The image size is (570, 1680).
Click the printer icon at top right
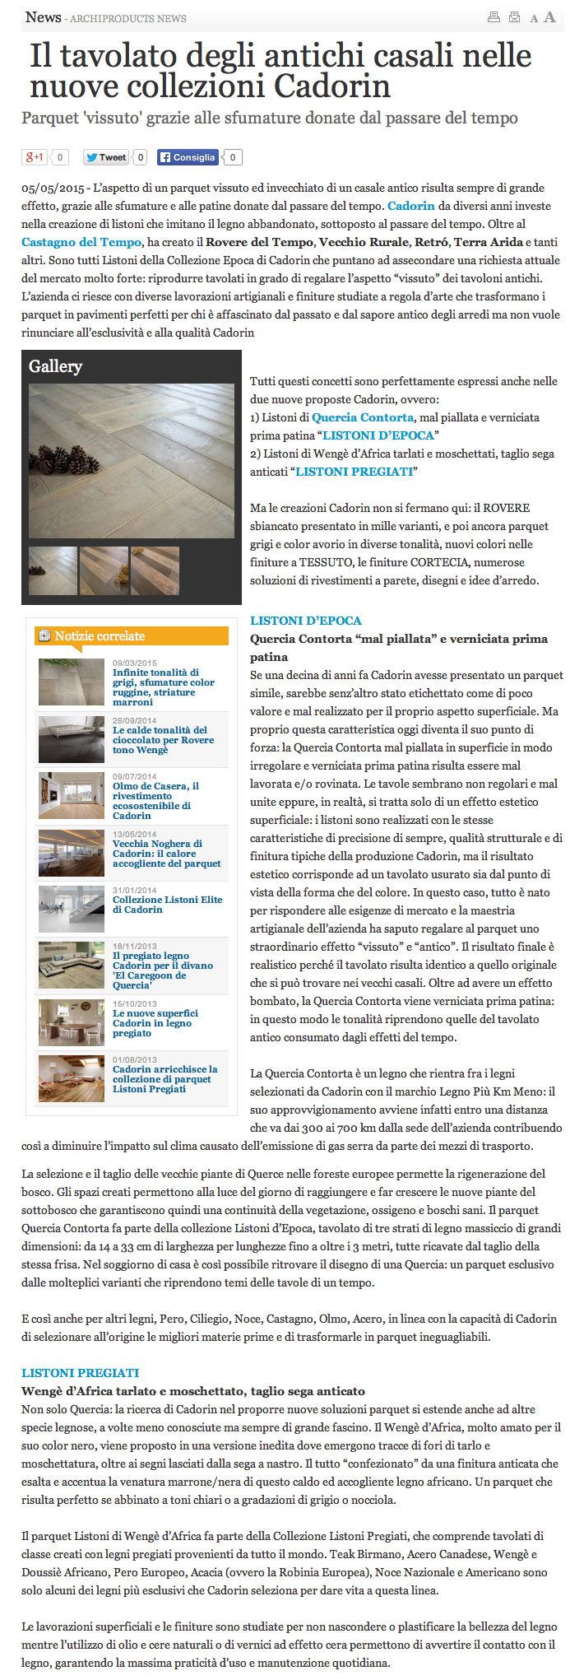click(x=494, y=17)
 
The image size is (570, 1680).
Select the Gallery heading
click(x=55, y=366)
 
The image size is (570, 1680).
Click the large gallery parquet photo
click(x=132, y=461)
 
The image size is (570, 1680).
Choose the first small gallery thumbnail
click(x=53, y=570)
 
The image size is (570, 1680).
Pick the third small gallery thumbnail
click(x=155, y=570)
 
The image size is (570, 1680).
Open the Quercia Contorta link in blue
click(x=363, y=417)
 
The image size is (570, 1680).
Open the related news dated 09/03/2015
click(x=163, y=687)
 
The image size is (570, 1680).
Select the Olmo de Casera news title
click(x=155, y=800)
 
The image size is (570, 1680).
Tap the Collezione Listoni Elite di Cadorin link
click(x=167, y=904)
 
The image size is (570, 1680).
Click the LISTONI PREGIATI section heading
click(x=81, y=1373)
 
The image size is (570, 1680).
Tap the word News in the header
click(x=43, y=17)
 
